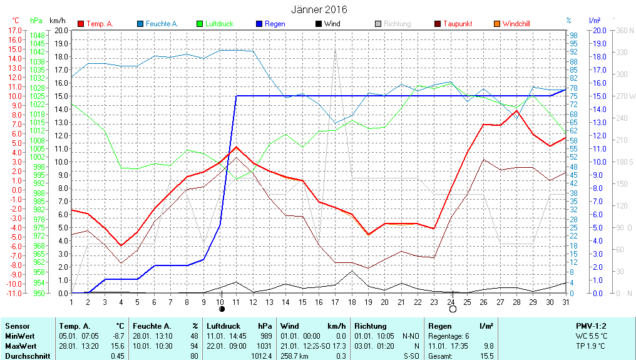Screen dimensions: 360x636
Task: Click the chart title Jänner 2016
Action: [x=319, y=9]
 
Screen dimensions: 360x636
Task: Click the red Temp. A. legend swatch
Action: [x=81, y=24]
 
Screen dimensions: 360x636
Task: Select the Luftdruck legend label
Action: [x=219, y=24]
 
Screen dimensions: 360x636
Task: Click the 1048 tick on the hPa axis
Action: [x=37, y=35]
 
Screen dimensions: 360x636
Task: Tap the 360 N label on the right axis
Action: [x=626, y=29]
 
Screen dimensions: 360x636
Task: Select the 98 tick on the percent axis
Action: [x=573, y=36]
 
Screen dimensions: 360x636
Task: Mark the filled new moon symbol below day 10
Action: [x=221, y=309]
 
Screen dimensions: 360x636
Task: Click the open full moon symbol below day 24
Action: [x=453, y=309]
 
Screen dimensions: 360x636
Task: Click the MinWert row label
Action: [x=20, y=336]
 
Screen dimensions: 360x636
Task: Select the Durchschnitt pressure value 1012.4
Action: [x=262, y=356]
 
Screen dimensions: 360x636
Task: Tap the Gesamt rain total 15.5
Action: [x=486, y=356]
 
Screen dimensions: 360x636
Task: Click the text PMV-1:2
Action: [x=590, y=326]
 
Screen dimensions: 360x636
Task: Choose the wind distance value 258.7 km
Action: [x=295, y=356]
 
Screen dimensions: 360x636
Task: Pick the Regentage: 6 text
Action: [x=448, y=336]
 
